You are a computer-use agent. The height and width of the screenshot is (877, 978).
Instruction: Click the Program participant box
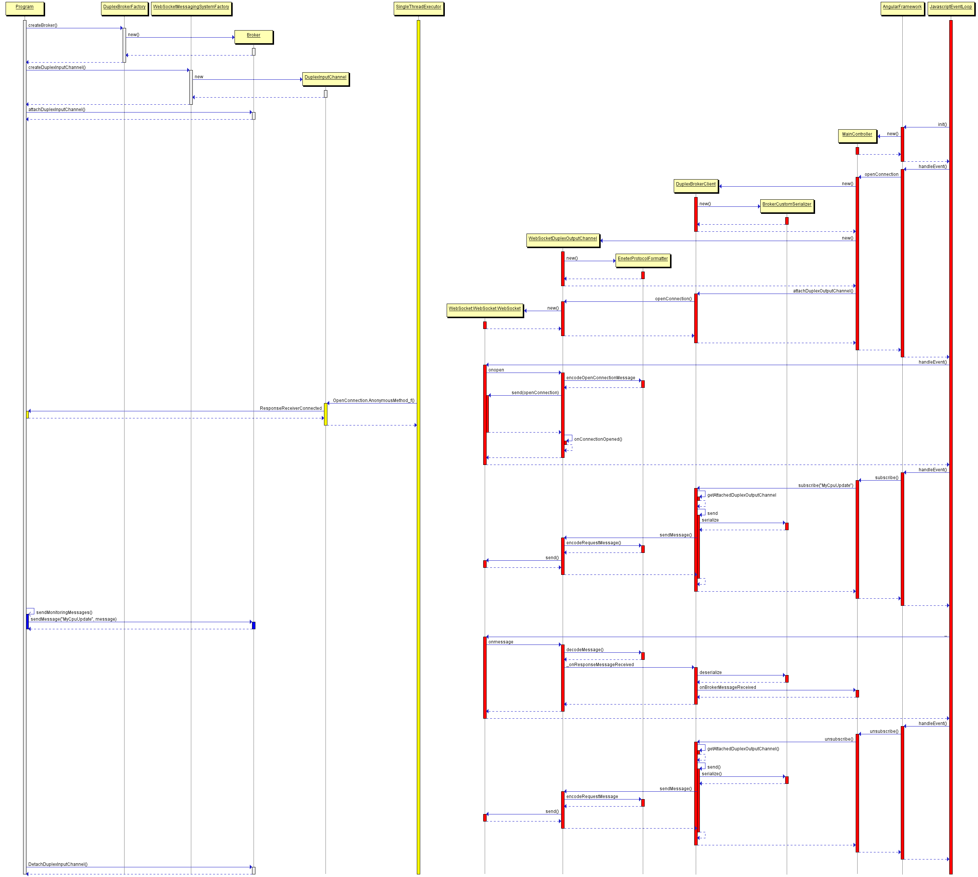coord(25,8)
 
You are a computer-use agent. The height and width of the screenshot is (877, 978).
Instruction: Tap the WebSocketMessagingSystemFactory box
coord(191,8)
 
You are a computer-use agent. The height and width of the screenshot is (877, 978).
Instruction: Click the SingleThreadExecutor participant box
coord(418,8)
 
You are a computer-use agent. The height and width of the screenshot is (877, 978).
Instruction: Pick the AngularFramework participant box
coord(902,8)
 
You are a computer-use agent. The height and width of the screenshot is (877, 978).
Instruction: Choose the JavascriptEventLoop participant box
coord(950,8)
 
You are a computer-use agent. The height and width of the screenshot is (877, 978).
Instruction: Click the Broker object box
coord(253,37)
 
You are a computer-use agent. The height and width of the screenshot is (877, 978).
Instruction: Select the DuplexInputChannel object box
coord(325,79)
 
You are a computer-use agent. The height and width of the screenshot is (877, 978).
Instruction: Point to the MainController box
coord(857,136)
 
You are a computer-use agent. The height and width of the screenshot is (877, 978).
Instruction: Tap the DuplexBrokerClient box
coord(695,186)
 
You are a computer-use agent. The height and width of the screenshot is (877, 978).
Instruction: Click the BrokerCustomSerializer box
coord(787,206)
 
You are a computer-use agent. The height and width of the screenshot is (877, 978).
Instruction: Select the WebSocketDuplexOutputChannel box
coord(562,240)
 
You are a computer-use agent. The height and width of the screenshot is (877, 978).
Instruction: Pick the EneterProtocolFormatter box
coord(642,260)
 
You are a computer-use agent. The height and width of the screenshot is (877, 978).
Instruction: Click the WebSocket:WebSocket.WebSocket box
coord(485,310)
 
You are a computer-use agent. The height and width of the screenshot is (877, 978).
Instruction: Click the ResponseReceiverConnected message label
coord(290,409)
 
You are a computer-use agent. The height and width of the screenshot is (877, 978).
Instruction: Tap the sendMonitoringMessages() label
coord(64,612)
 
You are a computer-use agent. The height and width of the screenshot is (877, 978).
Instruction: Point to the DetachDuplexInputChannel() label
coord(58,864)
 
